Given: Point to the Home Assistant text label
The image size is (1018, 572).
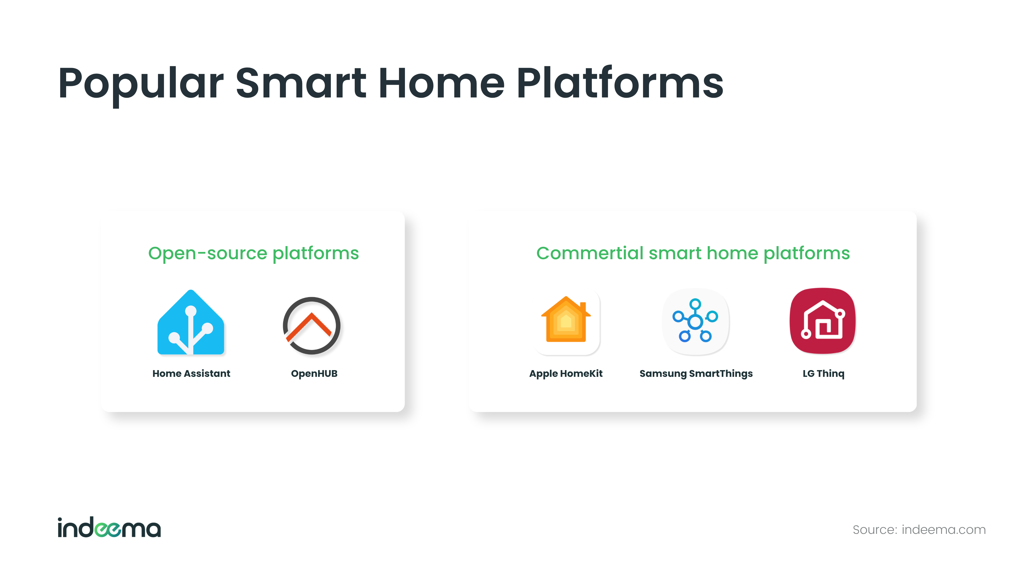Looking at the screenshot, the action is [x=191, y=373].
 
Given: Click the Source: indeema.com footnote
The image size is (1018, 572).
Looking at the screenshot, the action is [x=919, y=530].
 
